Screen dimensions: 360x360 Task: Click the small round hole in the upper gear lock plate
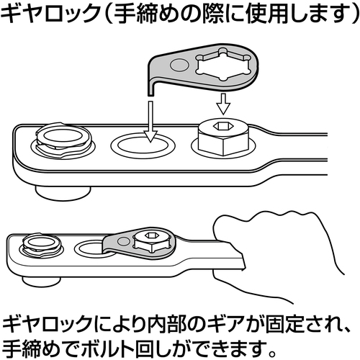tap(179, 65)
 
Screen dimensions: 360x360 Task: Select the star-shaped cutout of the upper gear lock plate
tap(223, 64)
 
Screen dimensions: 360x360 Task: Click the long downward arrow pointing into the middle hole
tap(150, 122)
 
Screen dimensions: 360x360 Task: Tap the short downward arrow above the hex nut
tap(223, 104)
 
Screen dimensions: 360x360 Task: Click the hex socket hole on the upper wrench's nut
tap(221, 125)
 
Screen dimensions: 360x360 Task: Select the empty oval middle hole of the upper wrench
tap(143, 145)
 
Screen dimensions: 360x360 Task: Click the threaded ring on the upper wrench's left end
tap(63, 140)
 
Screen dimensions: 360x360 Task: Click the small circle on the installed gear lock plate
tap(124, 240)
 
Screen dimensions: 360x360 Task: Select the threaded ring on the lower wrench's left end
tap(41, 245)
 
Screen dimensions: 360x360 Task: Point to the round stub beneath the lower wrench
tap(41, 281)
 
